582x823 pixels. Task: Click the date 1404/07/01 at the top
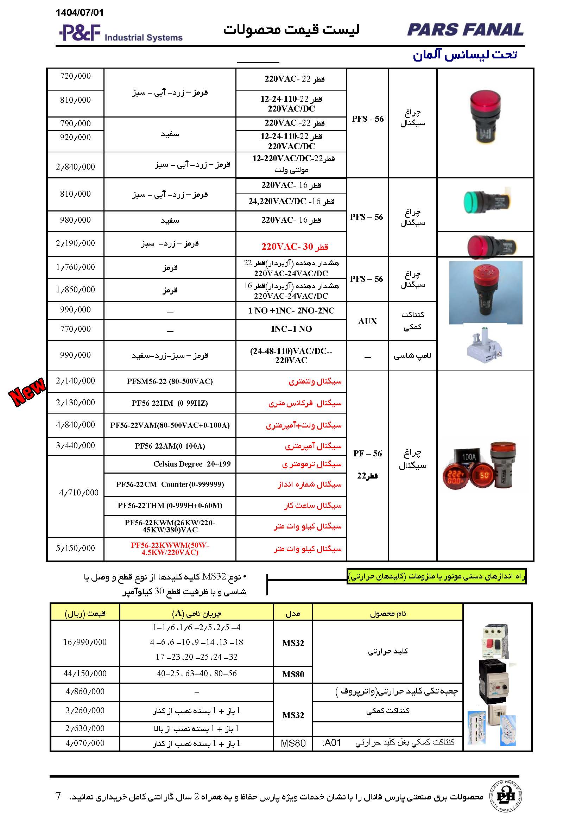tap(80, 13)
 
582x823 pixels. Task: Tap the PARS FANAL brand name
tap(465, 30)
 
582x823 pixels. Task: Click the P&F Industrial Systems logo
tap(120, 33)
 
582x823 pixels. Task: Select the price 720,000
tap(75, 76)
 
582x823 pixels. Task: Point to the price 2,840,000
tap(75, 166)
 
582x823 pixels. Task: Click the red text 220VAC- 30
tap(294, 247)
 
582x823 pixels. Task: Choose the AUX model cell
tap(367, 321)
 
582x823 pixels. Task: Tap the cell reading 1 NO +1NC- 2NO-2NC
tap(291, 311)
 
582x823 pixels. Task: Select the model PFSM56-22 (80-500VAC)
tap(170, 381)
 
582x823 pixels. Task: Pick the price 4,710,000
tap(78, 493)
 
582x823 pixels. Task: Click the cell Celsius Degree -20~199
tap(192, 464)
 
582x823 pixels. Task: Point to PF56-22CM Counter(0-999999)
tap(170, 485)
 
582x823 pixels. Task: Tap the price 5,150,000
tap(75, 548)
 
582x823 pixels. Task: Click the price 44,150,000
tap(85, 673)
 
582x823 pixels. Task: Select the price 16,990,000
tap(85, 642)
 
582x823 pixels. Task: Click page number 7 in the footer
tap(58, 796)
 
